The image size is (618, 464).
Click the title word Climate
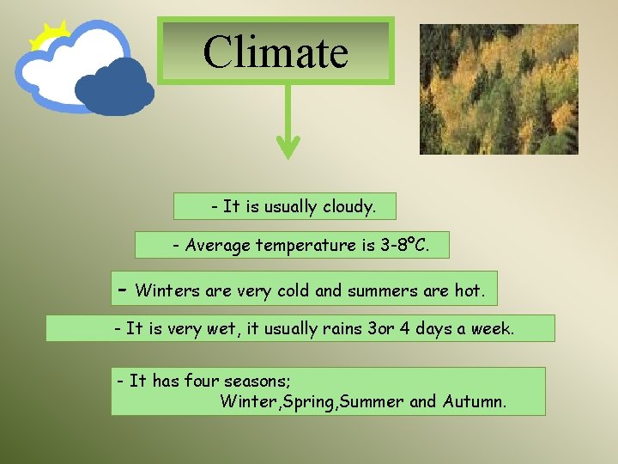pos(276,52)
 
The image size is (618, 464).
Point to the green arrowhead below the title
pos(287,147)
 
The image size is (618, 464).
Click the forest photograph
pos(498,89)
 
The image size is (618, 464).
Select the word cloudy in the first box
pos(348,206)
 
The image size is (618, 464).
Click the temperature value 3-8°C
pos(403,246)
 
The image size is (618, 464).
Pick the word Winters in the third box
pos(167,291)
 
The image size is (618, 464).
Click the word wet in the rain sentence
pos(219,329)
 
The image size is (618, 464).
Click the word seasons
pos(257,381)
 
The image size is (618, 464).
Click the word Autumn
pos(474,401)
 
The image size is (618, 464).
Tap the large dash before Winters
pos(123,289)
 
